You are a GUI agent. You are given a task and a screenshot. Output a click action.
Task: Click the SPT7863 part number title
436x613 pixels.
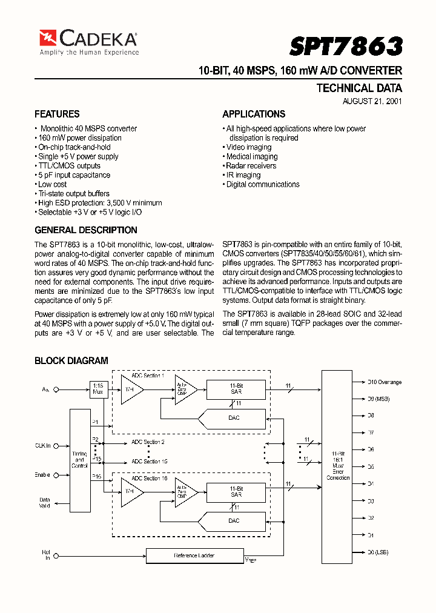point(346,46)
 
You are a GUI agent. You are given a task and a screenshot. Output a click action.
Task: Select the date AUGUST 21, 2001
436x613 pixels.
point(372,101)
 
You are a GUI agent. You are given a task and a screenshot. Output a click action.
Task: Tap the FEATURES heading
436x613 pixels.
point(57,114)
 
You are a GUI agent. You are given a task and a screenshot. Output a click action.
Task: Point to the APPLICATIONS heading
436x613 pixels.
point(254,114)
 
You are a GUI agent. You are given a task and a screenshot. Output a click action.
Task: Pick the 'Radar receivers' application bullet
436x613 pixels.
point(250,166)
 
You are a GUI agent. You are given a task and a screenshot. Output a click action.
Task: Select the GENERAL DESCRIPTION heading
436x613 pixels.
point(86,230)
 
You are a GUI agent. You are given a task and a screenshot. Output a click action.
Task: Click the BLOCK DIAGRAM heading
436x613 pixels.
point(71,360)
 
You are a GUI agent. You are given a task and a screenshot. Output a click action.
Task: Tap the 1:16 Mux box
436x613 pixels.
point(98,388)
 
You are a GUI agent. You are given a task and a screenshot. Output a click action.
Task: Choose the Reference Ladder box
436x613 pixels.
point(194,555)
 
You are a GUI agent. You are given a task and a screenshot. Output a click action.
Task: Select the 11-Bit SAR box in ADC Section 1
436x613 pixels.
point(236,389)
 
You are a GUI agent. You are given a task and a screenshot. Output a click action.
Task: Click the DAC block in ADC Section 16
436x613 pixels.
point(234,521)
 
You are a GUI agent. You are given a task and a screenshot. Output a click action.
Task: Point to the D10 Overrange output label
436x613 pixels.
point(385,382)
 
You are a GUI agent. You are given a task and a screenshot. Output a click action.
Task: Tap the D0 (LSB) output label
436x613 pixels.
point(378,552)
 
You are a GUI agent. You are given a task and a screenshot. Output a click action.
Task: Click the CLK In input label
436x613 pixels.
point(42,445)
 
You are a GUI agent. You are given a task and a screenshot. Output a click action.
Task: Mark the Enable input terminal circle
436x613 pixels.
point(56,475)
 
